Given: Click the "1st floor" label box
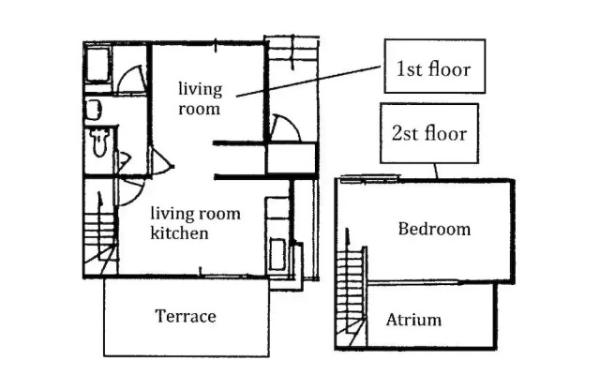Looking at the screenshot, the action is [x=435, y=66].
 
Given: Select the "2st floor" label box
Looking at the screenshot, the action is [x=429, y=133].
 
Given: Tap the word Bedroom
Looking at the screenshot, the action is [x=434, y=229].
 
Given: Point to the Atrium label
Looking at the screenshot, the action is [x=413, y=320].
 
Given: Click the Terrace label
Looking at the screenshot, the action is [x=186, y=317].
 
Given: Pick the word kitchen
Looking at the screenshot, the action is [x=179, y=233].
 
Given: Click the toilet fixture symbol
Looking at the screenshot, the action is [x=100, y=142].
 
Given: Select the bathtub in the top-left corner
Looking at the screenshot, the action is [x=97, y=64].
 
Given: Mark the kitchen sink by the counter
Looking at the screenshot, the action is [x=277, y=254].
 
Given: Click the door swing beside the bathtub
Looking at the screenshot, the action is [x=131, y=79].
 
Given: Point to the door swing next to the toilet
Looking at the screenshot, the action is [x=123, y=161].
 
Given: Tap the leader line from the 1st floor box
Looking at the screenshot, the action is [x=308, y=82].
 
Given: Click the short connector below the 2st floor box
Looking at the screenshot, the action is [x=435, y=171].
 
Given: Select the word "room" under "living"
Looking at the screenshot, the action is [x=199, y=109].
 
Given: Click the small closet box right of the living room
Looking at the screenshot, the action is [x=292, y=158].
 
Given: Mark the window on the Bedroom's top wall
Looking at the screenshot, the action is [x=370, y=178].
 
